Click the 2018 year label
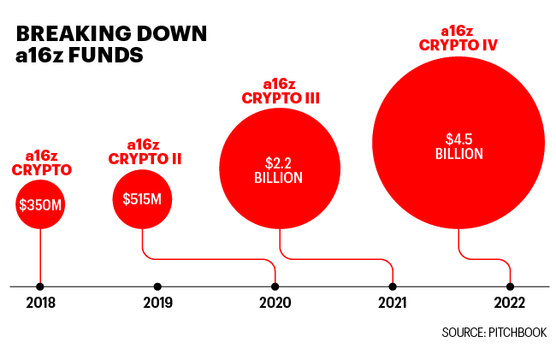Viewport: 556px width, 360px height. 40,303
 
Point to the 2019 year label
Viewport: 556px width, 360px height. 157,303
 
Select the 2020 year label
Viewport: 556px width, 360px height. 275,303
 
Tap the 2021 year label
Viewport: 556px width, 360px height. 392,303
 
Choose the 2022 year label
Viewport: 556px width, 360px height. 510,303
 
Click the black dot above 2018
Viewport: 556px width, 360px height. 40,286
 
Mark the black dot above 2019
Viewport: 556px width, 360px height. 157,286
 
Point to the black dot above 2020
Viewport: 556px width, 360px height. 275,286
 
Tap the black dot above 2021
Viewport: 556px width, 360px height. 393,286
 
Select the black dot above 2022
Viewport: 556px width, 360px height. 510,286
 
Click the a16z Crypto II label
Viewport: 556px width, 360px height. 145,151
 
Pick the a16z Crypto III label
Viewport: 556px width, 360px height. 279,91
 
